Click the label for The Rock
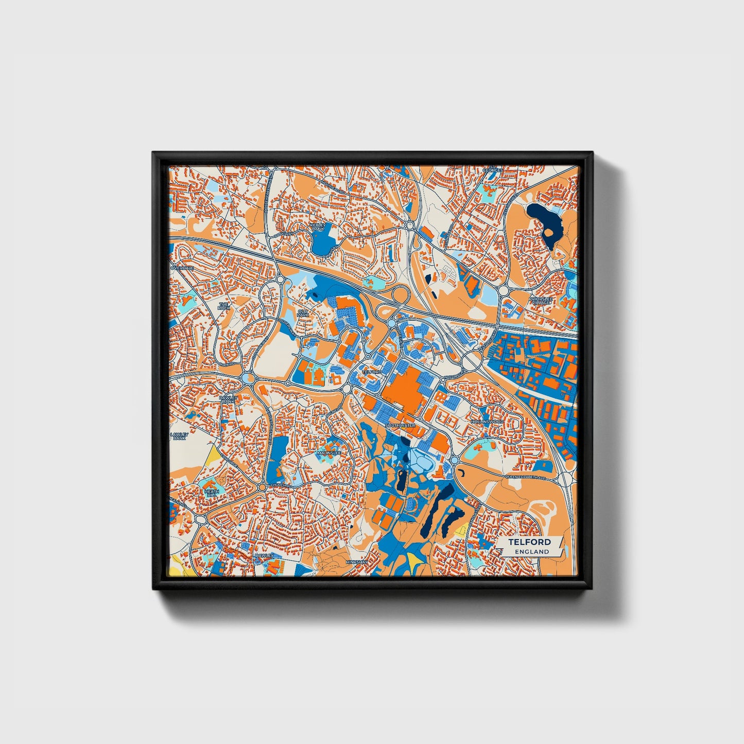pos(223,305)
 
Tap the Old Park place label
pos(304,313)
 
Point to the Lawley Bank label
pos(179,436)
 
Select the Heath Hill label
pos(211,493)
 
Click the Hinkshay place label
pos(357,562)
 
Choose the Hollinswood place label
pos(486,422)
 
